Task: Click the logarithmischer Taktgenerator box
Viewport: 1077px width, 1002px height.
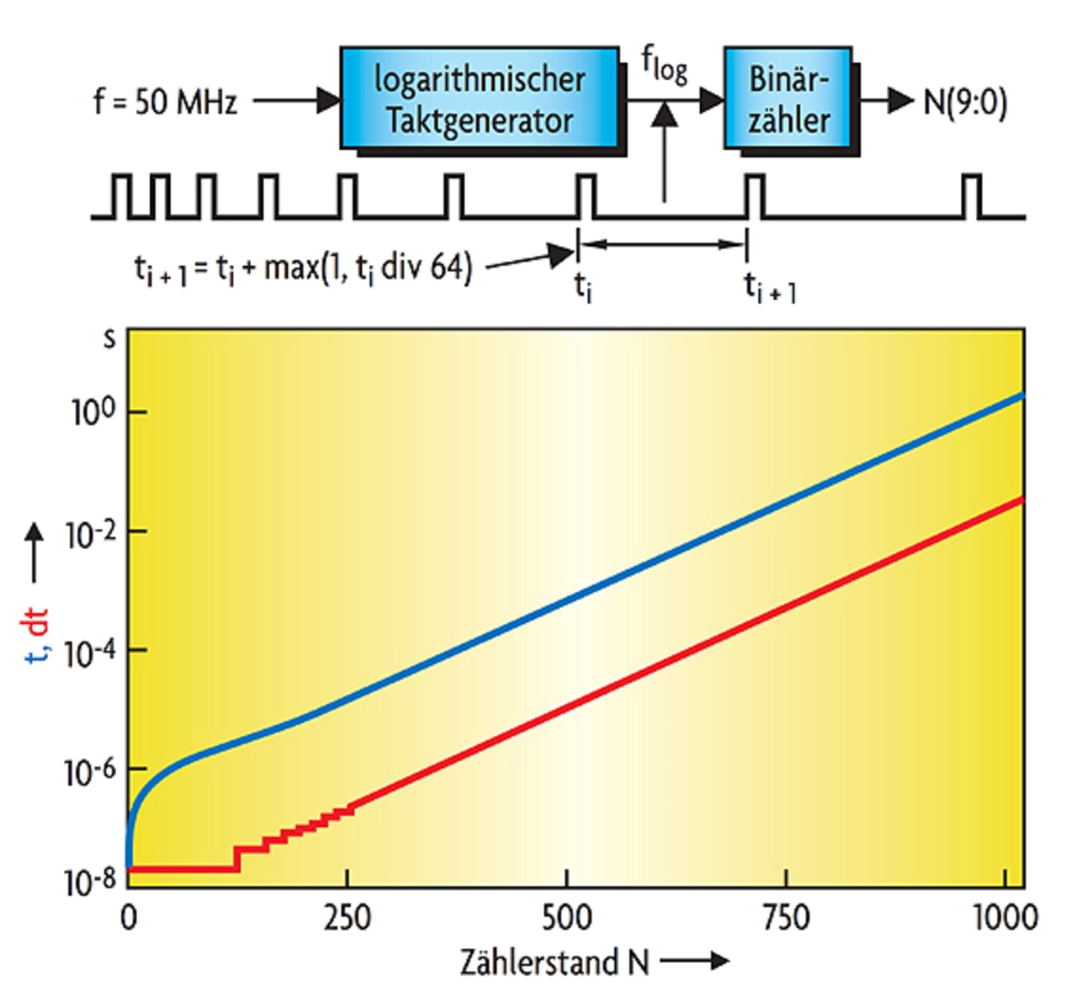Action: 480,99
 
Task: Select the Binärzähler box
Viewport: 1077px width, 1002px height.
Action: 788,99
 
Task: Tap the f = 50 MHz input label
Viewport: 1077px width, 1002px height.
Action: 165,102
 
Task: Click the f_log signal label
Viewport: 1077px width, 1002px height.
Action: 665,66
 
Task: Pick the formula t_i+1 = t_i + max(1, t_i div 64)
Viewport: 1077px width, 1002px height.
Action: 303,269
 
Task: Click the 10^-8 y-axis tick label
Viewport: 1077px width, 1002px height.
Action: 92,882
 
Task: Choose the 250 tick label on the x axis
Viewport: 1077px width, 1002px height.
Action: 347,917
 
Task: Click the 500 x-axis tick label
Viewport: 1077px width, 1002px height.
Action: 566,917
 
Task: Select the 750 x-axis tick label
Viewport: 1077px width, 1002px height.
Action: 786,917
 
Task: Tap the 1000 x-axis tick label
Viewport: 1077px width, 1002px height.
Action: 1005,917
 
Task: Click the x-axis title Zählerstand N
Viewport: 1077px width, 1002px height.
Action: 554,962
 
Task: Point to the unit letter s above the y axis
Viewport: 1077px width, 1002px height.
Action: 109,338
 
